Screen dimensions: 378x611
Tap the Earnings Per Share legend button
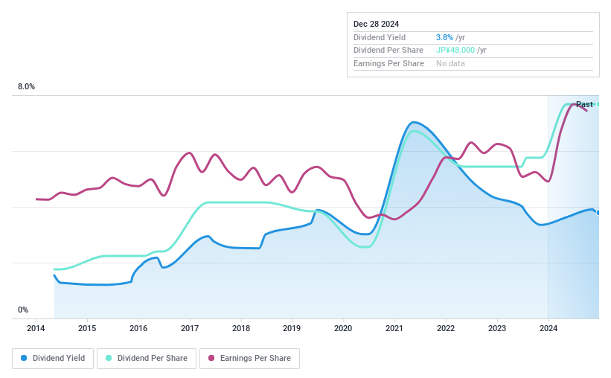tap(250, 358)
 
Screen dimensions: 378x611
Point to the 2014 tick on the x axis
tap(36, 328)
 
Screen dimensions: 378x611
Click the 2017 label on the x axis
tap(190, 328)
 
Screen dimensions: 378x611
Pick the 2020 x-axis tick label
tap(343, 328)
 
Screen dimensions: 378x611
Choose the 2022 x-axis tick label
tap(446, 328)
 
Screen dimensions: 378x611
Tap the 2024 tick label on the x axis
tap(548, 328)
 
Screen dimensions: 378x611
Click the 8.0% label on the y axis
tap(27, 87)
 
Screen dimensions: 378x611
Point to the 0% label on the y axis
tap(23, 310)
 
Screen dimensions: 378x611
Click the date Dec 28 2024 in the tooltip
tap(377, 24)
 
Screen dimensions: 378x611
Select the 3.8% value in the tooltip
tap(444, 37)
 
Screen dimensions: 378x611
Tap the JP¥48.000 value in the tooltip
tap(455, 51)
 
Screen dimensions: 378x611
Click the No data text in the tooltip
tap(451, 64)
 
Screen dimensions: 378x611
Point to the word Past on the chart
tap(584, 104)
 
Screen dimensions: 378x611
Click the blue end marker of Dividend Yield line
tap(598, 212)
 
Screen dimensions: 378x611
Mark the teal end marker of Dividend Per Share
tap(598, 104)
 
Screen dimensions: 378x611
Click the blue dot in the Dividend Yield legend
tap(25, 358)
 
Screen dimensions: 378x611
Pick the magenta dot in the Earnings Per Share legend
tap(211, 358)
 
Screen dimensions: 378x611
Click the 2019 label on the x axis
tap(292, 328)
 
